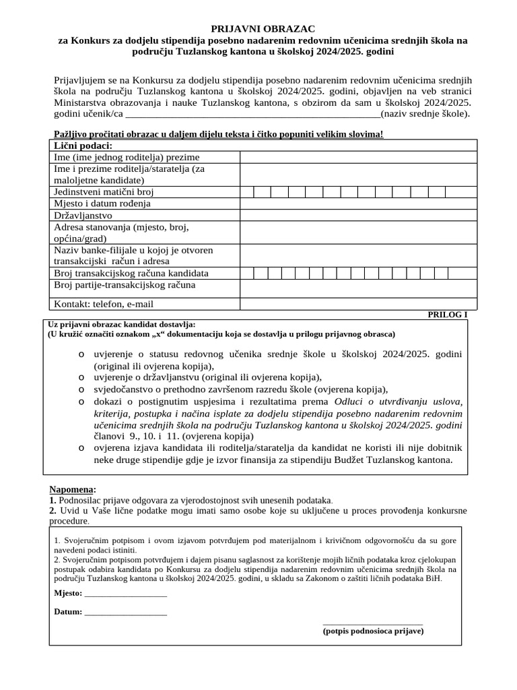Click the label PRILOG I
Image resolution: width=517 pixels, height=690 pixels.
click(447, 314)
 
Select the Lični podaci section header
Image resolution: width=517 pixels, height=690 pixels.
click(83, 146)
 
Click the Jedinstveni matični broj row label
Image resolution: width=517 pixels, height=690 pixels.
click(99, 192)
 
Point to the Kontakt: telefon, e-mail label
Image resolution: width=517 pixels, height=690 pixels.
click(104, 304)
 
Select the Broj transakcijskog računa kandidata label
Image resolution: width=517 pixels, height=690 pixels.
click(131, 273)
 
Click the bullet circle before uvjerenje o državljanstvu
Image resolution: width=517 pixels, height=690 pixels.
click(81, 377)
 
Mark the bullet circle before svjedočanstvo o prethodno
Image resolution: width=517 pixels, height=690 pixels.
click(81, 389)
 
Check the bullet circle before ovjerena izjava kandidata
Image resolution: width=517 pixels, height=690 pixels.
click(81, 448)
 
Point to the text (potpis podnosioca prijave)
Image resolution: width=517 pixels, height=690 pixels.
click(373, 631)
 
